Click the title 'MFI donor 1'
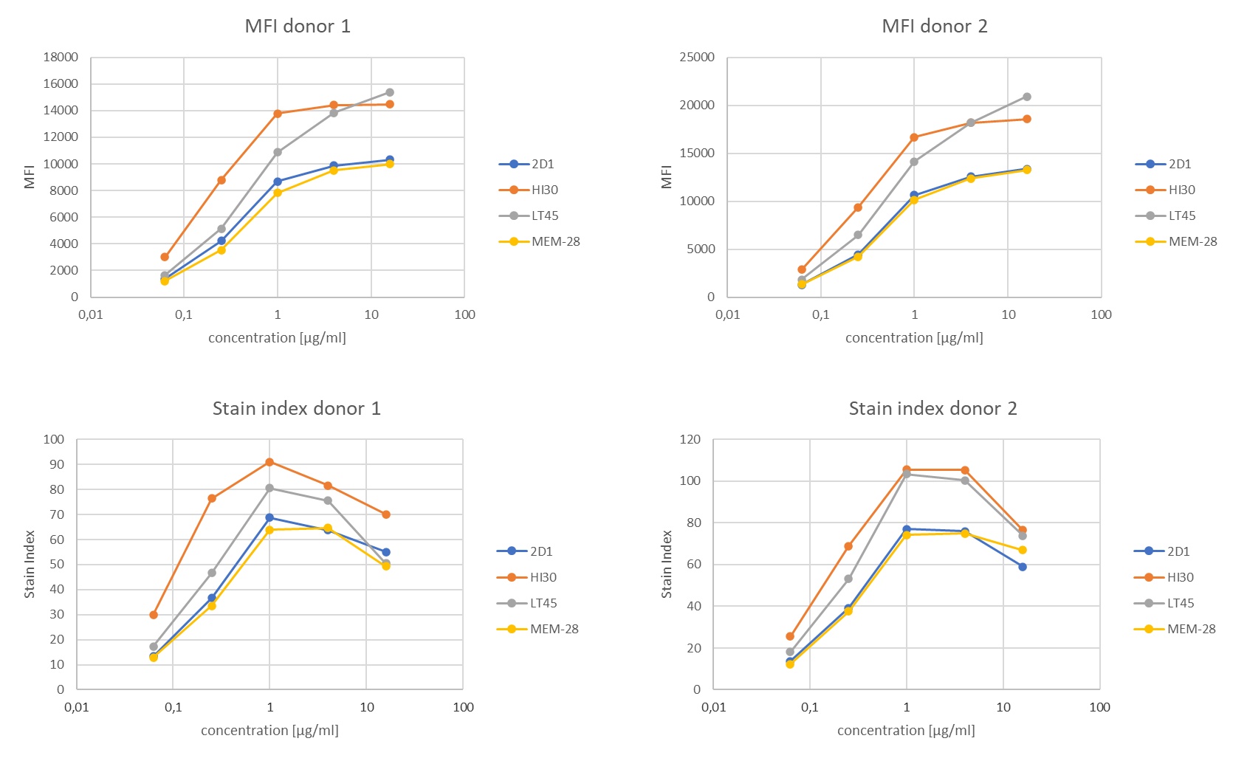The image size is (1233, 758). pos(298,27)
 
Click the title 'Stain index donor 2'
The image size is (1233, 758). pos(933,409)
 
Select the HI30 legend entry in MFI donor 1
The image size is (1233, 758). pos(544,190)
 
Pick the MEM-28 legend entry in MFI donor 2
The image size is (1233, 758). pos(1192,241)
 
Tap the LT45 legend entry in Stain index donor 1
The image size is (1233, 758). pos(543,603)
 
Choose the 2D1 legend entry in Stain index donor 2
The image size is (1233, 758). pos(1178,551)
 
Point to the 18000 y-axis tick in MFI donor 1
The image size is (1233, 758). pos(61,57)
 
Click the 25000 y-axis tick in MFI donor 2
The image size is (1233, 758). pos(697,57)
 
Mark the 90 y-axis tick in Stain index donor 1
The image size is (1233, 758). pos(57,464)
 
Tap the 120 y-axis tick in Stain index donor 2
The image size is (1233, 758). pos(690,439)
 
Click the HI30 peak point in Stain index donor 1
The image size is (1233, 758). pos(269,462)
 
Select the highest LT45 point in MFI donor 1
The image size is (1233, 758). pos(390,92)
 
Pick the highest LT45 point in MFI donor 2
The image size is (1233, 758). pos(1027,97)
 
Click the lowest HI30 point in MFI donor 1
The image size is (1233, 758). pos(165,257)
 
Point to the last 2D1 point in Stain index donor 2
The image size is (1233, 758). pos(1023,567)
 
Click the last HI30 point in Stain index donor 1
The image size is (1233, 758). pos(386,514)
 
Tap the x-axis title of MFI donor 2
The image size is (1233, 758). pos(914,338)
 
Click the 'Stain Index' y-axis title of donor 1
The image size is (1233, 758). pos(30,564)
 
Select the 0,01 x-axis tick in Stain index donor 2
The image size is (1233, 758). pos(713,707)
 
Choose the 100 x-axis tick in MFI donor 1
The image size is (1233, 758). pos(464,314)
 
